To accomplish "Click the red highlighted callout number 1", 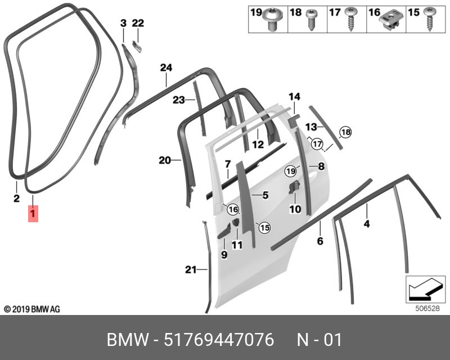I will [33, 214].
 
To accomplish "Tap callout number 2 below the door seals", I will [16, 198].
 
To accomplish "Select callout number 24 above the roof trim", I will [165, 68].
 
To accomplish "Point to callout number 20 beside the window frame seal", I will [164, 160].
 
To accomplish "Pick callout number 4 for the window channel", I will [366, 224].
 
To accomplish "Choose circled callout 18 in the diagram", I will [345, 132].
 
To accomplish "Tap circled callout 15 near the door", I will [264, 227].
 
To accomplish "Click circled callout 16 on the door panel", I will [233, 209].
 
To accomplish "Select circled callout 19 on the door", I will [290, 170].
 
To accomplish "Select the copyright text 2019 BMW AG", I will [32, 309].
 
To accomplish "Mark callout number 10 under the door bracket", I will [295, 209].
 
